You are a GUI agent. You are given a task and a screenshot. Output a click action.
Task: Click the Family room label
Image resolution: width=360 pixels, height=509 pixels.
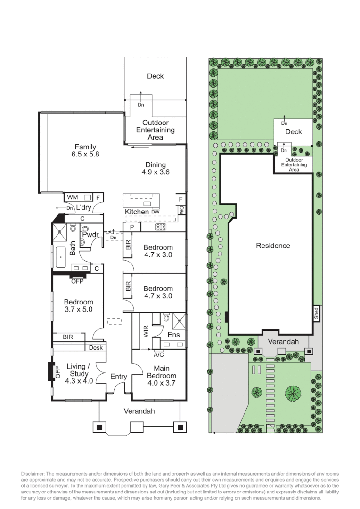(85, 150)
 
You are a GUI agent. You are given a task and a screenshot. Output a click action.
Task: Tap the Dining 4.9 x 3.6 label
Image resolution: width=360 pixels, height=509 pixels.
(155, 168)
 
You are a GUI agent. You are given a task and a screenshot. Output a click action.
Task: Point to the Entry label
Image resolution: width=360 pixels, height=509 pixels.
(119, 377)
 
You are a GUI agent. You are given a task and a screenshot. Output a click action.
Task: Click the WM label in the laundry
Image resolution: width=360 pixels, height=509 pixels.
(73, 197)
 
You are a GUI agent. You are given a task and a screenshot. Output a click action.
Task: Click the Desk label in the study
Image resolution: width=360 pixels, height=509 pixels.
(95, 347)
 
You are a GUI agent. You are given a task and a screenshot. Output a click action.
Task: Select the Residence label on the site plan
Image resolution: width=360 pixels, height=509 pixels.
(273, 246)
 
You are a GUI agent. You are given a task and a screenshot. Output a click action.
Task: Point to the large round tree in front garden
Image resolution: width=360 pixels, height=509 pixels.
(293, 392)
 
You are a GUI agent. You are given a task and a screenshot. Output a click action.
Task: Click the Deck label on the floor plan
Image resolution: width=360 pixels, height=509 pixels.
(155, 76)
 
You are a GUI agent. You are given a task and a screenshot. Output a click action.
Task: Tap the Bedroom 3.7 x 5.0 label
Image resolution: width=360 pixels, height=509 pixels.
(78, 306)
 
